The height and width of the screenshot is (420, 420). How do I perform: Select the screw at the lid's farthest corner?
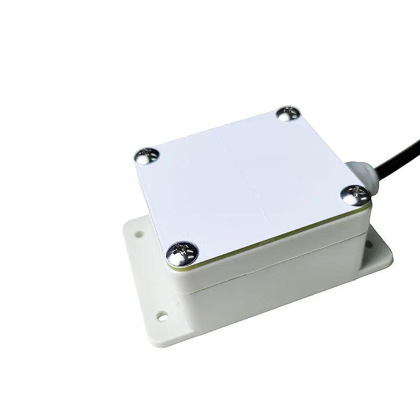(x=288, y=113)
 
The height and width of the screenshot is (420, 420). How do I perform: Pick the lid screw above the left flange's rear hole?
(x=146, y=155)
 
